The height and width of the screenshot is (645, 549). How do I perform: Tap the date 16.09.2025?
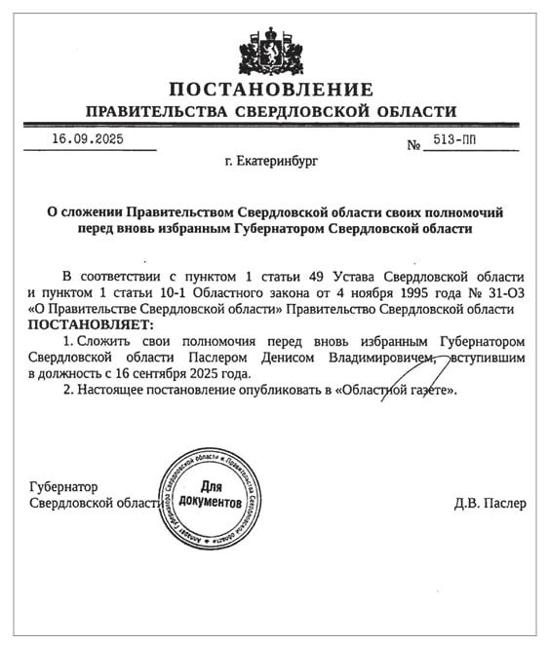[x=89, y=139]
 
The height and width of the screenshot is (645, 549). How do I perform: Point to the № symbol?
[x=413, y=145]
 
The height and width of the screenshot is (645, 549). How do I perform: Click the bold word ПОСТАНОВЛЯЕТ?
[x=91, y=323]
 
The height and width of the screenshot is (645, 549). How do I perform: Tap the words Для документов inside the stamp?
[x=212, y=493]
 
